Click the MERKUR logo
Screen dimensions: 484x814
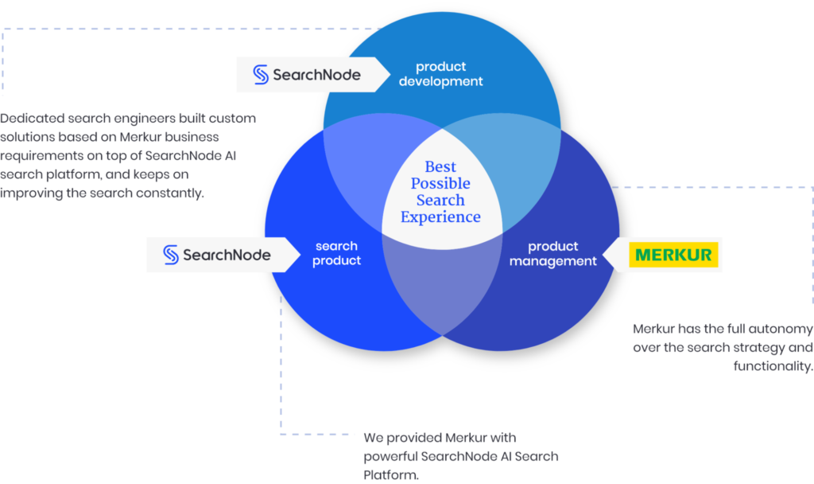(x=673, y=255)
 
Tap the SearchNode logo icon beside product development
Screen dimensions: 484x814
(x=261, y=75)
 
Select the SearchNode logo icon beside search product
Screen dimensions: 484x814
(x=171, y=255)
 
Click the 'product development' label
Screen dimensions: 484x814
(x=440, y=74)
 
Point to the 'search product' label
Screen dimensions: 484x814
(x=336, y=253)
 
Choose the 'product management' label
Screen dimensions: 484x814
(x=552, y=254)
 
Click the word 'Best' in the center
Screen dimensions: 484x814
(x=440, y=166)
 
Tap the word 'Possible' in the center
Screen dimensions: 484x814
(x=440, y=183)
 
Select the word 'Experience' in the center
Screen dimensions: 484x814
(x=440, y=217)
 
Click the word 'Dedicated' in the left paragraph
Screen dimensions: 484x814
(x=32, y=118)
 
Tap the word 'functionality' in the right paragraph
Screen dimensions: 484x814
(x=772, y=366)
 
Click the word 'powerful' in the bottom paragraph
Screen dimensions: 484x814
(x=390, y=457)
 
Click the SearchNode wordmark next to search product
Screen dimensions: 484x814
(x=227, y=255)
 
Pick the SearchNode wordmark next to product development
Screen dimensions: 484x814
(x=316, y=75)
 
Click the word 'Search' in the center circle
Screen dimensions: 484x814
(x=440, y=200)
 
